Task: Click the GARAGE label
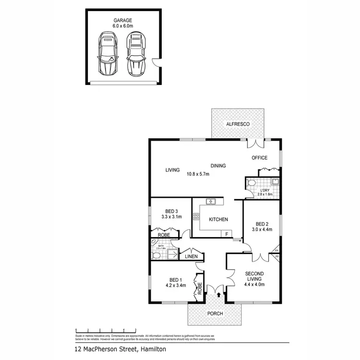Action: point(123,20)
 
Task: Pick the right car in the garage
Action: point(136,53)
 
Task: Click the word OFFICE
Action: point(260,158)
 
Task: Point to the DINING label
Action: point(217,166)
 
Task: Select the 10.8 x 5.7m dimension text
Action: point(198,174)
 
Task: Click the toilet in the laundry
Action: point(252,184)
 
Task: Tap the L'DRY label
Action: point(266,191)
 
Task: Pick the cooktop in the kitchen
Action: point(196,216)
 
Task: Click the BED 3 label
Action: point(171,211)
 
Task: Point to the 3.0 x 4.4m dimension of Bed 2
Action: point(262,229)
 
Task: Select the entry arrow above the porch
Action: point(219,295)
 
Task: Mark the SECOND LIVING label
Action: point(254,277)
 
